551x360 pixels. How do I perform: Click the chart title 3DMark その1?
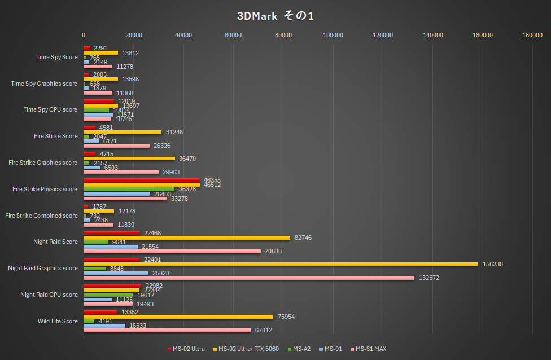(x=275, y=16)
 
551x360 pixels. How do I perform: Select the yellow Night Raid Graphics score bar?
(x=281, y=264)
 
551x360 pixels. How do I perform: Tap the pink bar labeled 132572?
(x=249, y=278)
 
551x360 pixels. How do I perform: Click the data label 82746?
(x=302, y=238)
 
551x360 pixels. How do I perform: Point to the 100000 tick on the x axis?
(x=333, y=35)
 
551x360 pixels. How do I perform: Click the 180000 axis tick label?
(x=532, y=35)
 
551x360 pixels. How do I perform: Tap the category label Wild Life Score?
(x=58, y=321)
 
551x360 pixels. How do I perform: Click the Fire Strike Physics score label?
(x=45, y=189)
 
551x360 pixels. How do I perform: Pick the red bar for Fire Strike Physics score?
(x=142, y=180)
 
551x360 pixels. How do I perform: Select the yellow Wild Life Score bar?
(x=178, y=317)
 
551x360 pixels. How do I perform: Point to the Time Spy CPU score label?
(x=50, y=109)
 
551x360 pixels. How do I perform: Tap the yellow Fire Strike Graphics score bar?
(x=129, y=159)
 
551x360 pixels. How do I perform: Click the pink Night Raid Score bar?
(x=172, y=251)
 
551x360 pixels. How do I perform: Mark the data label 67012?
(x=262, y=330)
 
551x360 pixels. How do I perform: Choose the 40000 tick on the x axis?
(x=183, y=35)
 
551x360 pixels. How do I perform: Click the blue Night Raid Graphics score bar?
(x=116, y=273)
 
